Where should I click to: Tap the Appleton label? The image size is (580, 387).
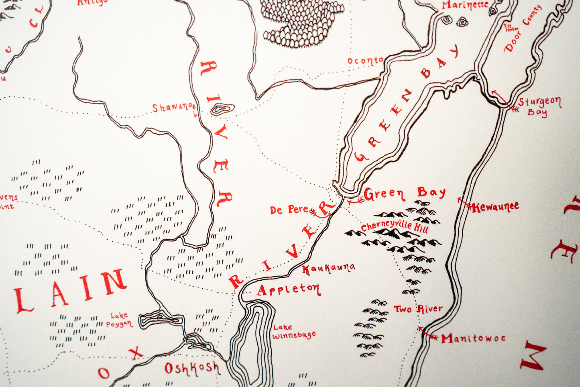click(x=288, y=289)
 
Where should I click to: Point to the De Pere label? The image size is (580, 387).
click(x=289, y=210)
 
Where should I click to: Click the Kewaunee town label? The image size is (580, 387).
click(x=495, y=207)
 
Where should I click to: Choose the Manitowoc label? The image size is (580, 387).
click(x=473, y=338)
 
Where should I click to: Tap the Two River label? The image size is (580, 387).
click(x=418, y=309)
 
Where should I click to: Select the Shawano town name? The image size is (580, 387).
click(x=172, y=108)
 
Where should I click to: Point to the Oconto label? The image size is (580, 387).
click(x=365, y=61)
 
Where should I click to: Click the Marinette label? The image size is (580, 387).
click(x=465, y=5)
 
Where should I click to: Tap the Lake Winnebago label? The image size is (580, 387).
click(x=293, y=332)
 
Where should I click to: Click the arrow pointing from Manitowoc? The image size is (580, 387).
click(x=428, y=334)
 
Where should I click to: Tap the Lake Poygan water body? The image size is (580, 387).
click(x=161, y=320)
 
